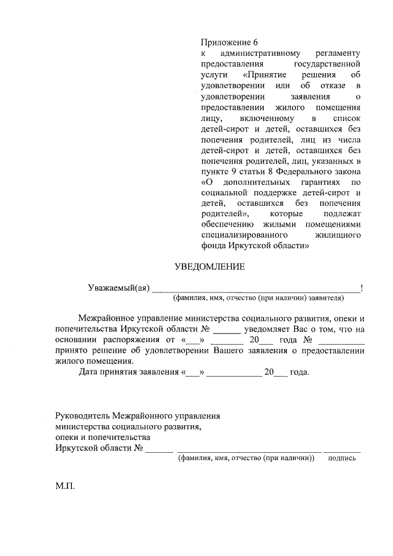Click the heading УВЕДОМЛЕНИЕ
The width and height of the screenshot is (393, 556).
point(210,267)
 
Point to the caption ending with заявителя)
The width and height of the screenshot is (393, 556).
point(258,298)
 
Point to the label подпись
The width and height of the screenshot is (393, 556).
point(342,458)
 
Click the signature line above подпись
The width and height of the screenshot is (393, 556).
point(342,452)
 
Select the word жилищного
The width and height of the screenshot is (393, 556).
point(338,235)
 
